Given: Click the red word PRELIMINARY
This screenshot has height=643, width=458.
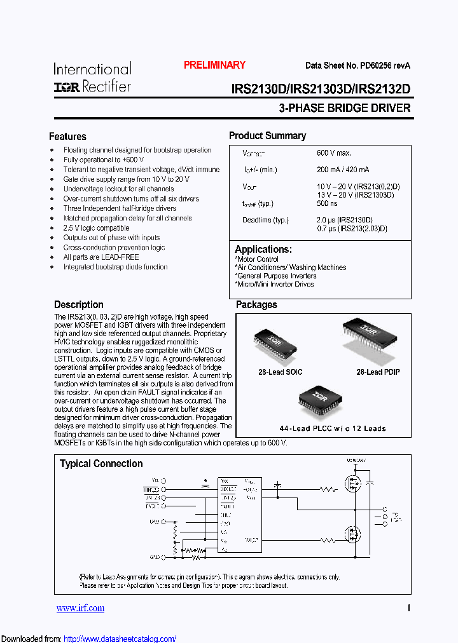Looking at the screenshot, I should [214, 65].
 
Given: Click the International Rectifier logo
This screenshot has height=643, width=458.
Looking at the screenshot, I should [92, 78].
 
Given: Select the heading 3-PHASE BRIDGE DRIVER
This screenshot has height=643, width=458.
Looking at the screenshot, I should [345, 108].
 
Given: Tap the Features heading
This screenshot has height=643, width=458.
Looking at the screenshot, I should [67, 137].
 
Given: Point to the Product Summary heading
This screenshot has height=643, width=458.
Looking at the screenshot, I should [267, 136].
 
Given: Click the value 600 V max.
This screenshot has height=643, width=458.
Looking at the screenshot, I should [334, 153].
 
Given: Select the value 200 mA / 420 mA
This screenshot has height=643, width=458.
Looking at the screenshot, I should [343, 170].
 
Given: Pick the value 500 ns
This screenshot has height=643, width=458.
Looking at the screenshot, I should [327, 203].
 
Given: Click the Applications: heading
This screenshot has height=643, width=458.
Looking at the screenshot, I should [263, 250].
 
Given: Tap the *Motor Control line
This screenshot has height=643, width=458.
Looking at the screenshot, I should [257, 259].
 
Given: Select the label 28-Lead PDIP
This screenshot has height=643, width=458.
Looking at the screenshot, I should [378, 372].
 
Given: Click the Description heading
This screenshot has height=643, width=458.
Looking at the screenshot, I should [78, 305].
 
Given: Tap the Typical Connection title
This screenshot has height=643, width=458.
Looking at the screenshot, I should [101, 464].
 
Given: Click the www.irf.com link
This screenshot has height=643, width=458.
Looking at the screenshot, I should [80, 608].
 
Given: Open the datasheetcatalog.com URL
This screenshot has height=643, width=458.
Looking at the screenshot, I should [120, 639].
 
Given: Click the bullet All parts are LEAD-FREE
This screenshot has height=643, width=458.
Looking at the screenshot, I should [101, 257].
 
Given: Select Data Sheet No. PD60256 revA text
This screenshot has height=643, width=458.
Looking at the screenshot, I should [358, 66].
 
